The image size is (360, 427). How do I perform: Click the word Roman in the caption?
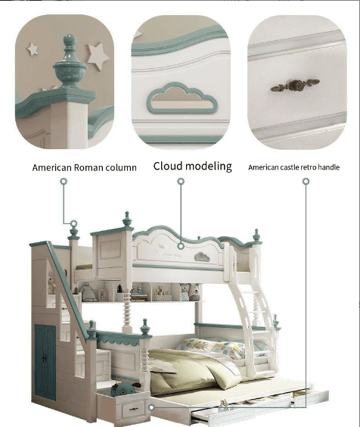tap(88, 167)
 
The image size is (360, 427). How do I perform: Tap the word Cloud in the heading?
tap(169, 166)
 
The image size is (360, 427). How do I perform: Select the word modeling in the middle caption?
tap(209, 167)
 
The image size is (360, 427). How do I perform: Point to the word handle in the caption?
tap(328, 167)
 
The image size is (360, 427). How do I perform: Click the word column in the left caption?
tap(121, 167)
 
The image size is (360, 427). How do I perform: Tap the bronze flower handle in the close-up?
tap(295, 86)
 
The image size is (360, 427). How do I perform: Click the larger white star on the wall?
tap(98, 56)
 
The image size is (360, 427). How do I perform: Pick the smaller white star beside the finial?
tap(33, 49)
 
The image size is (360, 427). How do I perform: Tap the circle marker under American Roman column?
tap(64, 182)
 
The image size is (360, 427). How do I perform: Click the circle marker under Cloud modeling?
tap(181, 182)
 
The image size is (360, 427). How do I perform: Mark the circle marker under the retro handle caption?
tap(306, 182)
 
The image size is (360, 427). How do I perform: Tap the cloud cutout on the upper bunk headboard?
tap(202, 257)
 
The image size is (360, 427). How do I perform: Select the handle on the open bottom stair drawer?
tap(133, 409)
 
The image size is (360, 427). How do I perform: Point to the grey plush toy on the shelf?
tap(88, 292)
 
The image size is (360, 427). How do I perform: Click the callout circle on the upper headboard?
tap(181, 246)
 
